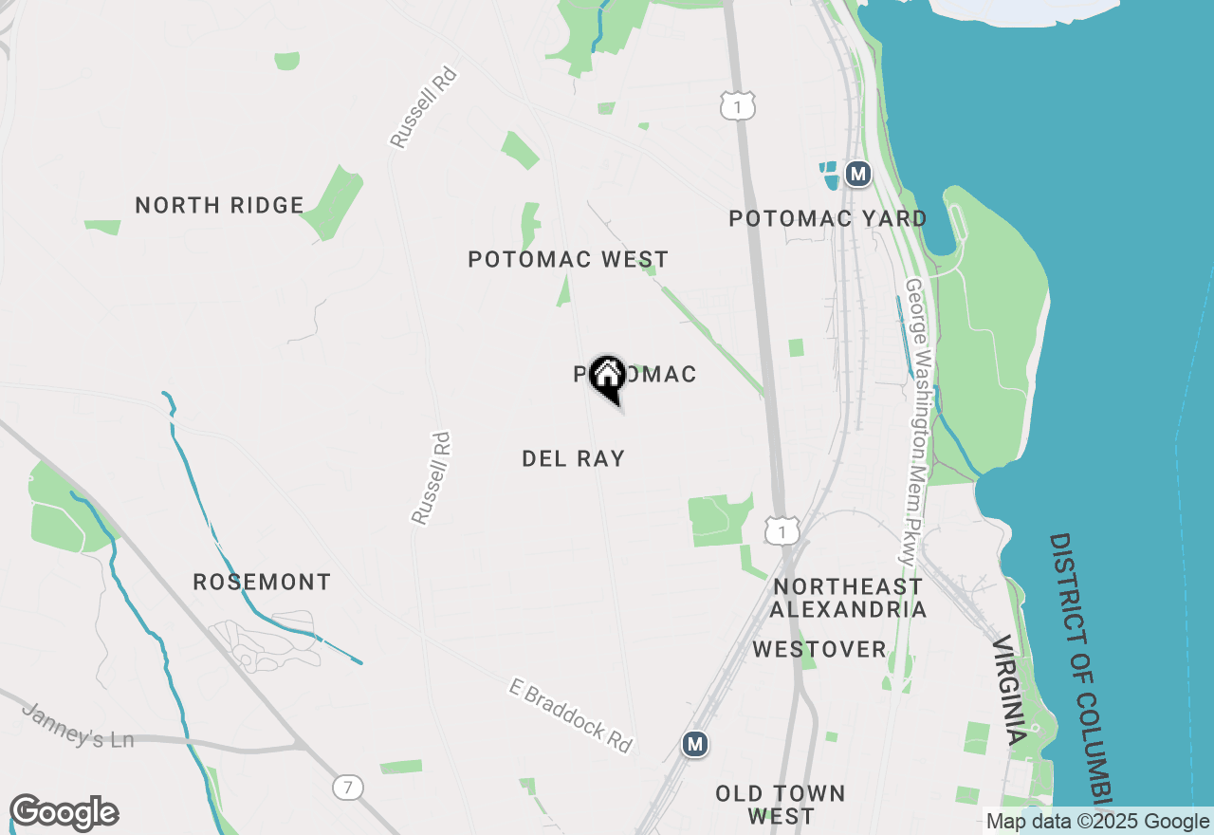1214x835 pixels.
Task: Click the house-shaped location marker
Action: point(607,377)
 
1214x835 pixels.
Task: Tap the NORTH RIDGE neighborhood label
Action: point(219,205)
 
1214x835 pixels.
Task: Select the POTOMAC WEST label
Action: point(568,259)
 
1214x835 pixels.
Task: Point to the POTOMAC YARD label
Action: point(827,218)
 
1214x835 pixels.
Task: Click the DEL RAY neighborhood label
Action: point(573,458)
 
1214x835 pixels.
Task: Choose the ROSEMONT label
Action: point(262,582)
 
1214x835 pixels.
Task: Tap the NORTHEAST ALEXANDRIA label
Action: point(847,597)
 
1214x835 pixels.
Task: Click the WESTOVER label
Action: point(819,650)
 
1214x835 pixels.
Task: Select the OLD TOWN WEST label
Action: point(780,804)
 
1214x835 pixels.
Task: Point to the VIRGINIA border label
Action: point(1009,690)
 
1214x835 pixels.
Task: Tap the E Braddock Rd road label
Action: point(571,715)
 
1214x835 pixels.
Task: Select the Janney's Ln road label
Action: point(78,725)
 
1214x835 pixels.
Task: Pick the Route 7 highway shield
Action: point(348,786)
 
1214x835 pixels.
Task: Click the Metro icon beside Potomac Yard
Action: point(857,174)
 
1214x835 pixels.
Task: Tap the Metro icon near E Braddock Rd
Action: point(695,744)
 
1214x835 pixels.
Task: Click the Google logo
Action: point(64,813)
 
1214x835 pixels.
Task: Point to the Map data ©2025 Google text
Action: point(1097,822)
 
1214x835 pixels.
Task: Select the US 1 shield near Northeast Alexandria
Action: point(782,531)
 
